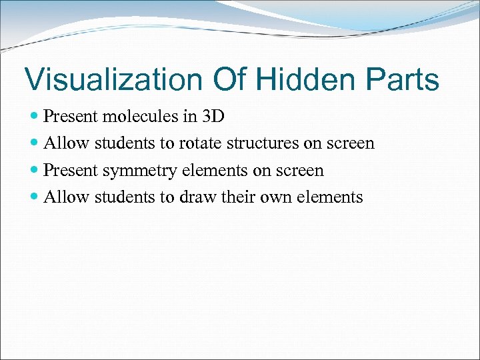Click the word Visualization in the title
[113, 79]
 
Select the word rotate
[199, 143]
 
